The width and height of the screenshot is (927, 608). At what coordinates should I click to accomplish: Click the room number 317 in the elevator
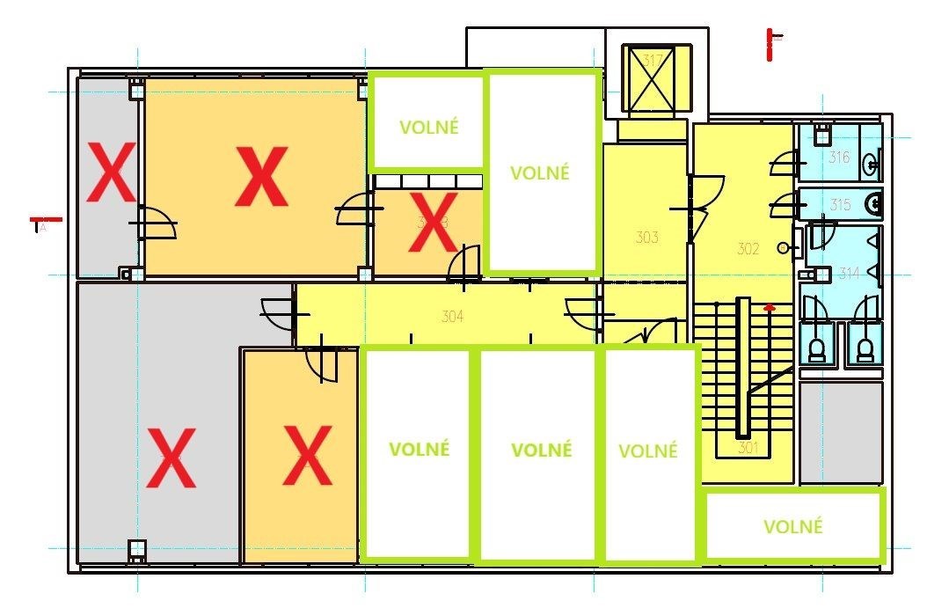(x=653, y=61)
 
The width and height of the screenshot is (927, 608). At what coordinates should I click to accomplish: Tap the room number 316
(x=840, y=157)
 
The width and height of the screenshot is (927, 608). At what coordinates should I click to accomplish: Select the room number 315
(x=840, y=205)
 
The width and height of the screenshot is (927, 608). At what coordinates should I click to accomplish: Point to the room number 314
(x=848, y=275)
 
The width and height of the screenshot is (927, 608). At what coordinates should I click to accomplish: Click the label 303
(x=647, y=237)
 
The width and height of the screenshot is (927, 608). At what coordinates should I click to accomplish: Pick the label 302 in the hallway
(x=747, y=249)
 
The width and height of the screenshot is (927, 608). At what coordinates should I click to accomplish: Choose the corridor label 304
(x=452, y=318)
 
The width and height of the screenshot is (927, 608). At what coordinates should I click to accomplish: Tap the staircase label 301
(x=748, y=448)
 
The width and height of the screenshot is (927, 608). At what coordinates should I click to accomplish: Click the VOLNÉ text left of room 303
(x=540, y=172)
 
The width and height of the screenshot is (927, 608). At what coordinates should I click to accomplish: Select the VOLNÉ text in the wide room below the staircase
(x=793, y=527)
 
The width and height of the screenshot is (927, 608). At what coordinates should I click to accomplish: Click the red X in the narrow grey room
(x=109, y=172)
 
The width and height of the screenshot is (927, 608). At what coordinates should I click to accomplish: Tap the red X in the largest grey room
(x=171, y=457)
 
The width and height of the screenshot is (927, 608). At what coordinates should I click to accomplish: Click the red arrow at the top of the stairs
(x=770, y=308)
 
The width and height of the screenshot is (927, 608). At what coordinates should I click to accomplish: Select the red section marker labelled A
(x=42, y=223)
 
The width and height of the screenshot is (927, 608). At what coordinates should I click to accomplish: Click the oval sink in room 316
(x=870, y=161)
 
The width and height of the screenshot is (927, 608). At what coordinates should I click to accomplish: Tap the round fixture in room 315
(x=874, y=205)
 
